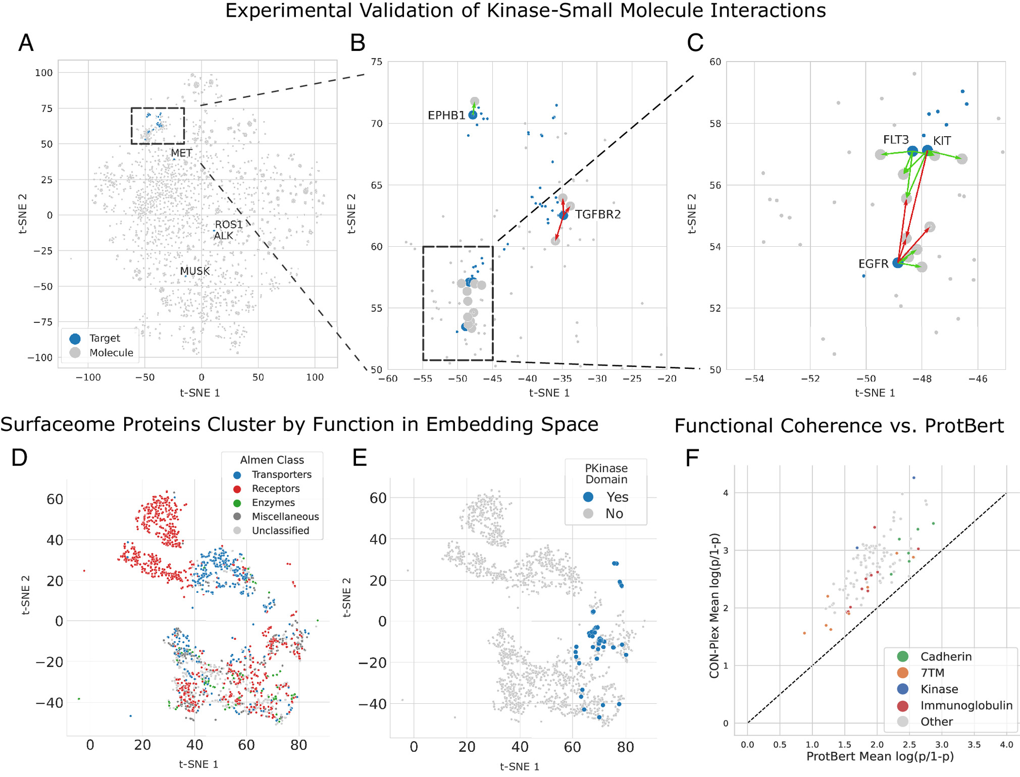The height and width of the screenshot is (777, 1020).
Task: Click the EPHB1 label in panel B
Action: click(446, 116)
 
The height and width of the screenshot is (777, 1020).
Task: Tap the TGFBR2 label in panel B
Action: click(598, 214)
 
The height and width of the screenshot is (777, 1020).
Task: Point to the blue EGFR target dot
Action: click(897, 262)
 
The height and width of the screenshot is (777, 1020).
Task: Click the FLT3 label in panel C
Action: click(896, 140)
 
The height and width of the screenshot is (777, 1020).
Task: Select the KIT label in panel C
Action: click(942, 141)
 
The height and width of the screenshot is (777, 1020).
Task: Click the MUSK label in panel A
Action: click(194, 271)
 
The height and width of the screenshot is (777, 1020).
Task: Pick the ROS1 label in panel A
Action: click(229, 225)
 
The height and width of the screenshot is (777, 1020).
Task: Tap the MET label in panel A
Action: click(181, 153)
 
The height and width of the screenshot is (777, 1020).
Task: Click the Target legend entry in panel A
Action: click(104, 338)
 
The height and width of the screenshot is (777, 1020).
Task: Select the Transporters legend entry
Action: click(281, 475)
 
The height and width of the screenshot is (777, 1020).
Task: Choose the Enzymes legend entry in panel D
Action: click(273, 503)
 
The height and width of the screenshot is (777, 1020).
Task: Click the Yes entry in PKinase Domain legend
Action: click(617, 497)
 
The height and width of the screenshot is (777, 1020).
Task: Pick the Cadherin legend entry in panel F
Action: click(945, 656)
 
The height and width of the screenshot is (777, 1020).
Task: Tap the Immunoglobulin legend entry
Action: click(966, 705)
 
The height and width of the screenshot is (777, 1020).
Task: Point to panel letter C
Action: click(695, 43)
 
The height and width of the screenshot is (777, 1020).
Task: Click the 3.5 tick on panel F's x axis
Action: click(974, 745)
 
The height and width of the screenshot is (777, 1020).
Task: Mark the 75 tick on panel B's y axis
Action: click(376, 62)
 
